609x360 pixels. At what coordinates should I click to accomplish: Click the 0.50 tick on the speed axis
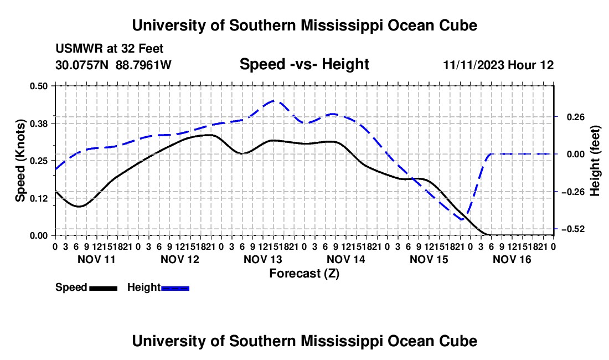click(x=38, y=86)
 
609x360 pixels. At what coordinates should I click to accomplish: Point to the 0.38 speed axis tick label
click(x=38, y=124)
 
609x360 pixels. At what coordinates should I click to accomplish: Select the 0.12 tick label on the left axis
click(x=38, y=198)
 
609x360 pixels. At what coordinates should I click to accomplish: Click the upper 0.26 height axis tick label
click(x=576, y=117)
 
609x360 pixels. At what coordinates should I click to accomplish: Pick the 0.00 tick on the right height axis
click(x=576, y=155)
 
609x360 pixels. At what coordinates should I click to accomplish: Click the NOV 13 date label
click(x=263, y=259)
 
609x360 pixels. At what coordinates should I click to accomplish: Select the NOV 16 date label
click(x=512, y=259)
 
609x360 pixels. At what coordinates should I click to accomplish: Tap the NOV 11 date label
click(x=97, y=259)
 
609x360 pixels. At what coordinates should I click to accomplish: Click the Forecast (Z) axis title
click(x=304, y=274)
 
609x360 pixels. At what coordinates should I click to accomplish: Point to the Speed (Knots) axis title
click(x=20, y=161)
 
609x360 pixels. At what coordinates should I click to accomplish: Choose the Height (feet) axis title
click(x=595, y=161)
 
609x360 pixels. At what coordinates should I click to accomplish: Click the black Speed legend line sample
click(x=104, y=288)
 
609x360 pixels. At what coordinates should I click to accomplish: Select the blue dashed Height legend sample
click(x=175, y=288)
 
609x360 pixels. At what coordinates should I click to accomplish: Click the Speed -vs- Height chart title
click(x=304, y=64)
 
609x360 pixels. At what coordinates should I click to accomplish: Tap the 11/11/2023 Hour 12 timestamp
click(x=499, y=65)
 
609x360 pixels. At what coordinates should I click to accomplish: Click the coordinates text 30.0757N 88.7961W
click(x=113, y=65)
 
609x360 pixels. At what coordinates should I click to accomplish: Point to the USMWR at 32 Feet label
click(x=110, y=49)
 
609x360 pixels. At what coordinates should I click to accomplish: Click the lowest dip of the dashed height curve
click(x=462, y=220)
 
